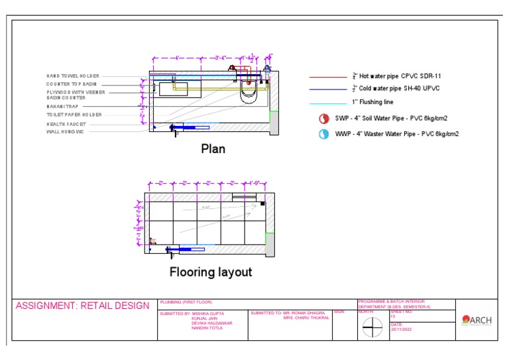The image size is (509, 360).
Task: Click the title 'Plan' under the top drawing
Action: [213, 149]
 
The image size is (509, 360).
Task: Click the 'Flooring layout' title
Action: [211, 272]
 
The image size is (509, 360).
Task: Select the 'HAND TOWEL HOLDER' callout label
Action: [73, 76]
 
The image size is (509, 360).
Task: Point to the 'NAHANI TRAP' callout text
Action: [62, 107]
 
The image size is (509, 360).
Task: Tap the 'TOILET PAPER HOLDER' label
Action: [74, 115]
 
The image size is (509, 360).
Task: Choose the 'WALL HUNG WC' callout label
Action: [64, 131]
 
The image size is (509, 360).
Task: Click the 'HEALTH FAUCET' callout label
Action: [66, 124]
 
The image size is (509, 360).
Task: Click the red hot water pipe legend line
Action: [327, 77]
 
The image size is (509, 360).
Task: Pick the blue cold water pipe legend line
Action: [327, 89]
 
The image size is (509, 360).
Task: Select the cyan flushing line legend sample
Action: [327, 102]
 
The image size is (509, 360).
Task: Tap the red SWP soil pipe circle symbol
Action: [324, 119]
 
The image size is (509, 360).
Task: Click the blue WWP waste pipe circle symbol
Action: [324, 134]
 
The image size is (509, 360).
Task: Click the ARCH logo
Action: [477, 320]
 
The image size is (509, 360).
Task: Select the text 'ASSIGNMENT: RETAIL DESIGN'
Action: [83, 306]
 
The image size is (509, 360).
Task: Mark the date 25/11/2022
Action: [402, 329]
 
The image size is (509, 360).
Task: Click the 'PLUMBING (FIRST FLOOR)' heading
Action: [182, 302]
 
